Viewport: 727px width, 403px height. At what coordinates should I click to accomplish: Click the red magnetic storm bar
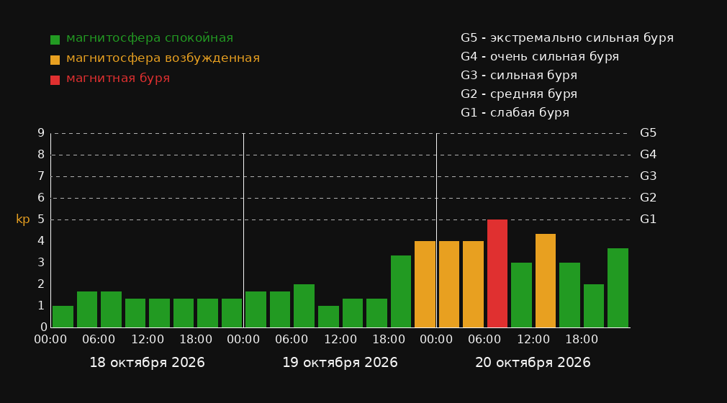[497, 273]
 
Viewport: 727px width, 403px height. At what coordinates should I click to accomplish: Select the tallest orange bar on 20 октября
[546, 281]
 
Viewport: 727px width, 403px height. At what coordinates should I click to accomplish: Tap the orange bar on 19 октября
[425, 284]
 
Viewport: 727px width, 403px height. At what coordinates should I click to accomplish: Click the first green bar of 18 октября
[63, 317]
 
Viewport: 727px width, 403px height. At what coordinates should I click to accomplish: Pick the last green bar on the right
[618, 288]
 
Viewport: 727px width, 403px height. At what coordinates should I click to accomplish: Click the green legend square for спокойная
[55, 40]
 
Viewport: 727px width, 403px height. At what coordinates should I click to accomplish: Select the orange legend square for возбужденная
[55, 60]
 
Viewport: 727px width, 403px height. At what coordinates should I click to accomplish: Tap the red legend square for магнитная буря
[55, 80]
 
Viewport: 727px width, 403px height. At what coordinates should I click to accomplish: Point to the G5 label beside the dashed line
[648, 133]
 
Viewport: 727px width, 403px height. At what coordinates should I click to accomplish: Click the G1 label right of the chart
[648, 219]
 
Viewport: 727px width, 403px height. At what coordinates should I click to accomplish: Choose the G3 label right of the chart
[648, 176]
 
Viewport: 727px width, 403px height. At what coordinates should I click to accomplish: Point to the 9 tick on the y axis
[41, 133]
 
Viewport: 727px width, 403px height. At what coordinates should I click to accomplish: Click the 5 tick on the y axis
[41, 219]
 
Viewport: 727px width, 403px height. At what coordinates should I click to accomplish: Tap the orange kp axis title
[23, 219]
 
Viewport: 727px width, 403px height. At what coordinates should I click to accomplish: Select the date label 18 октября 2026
[147, 363]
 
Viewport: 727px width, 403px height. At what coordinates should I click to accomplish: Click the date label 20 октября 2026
[533, 363]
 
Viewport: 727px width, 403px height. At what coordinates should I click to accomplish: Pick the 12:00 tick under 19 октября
[340, 340]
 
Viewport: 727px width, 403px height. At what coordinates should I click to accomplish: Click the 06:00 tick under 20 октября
[484, 340]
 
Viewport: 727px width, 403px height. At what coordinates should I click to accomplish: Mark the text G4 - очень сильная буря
[540, 57]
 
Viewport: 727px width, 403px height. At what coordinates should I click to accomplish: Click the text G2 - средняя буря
[519, 94]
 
